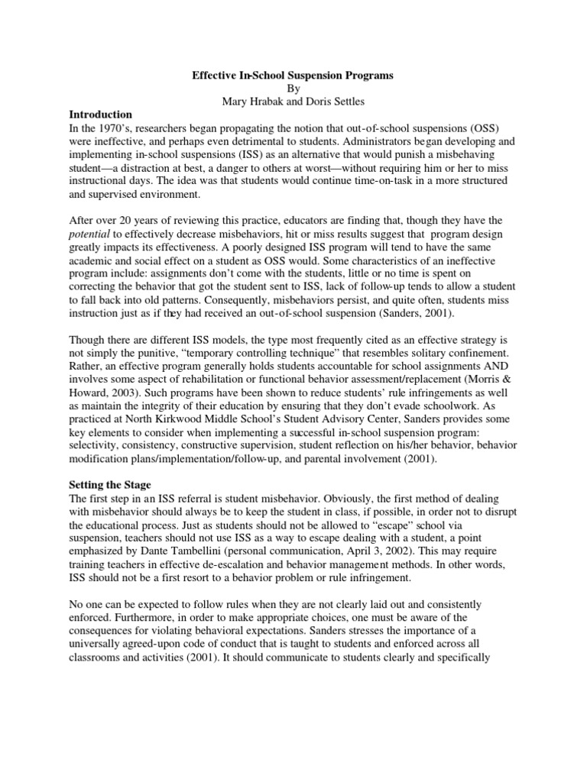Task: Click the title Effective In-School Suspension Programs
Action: (x=293, y=76)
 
